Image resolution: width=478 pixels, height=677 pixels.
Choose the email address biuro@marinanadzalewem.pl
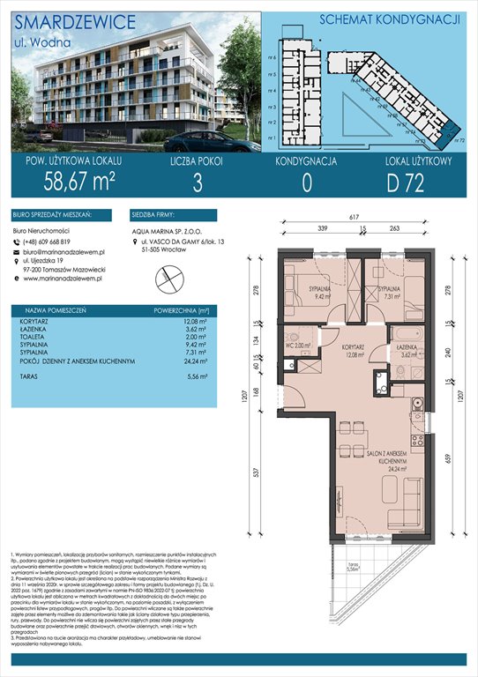point(71,252)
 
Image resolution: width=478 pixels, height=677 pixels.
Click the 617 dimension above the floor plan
point(354,217)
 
